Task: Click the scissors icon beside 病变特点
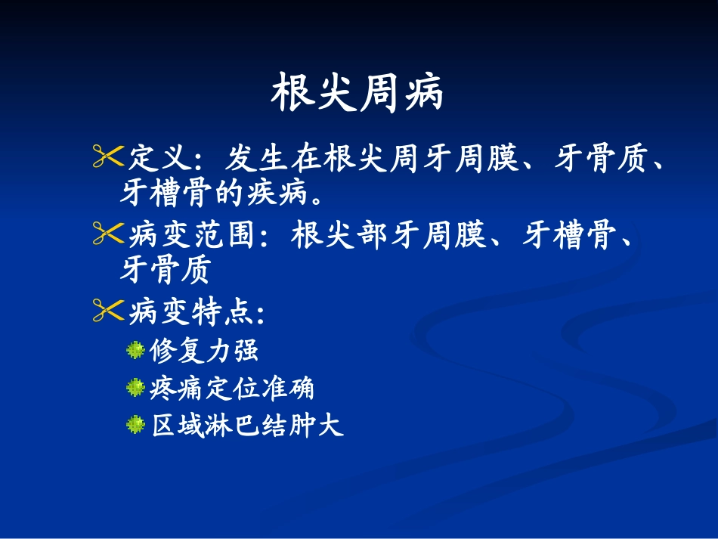pos(107,310)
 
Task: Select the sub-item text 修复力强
pos(204,350)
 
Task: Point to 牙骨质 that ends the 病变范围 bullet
pos(165,270)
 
